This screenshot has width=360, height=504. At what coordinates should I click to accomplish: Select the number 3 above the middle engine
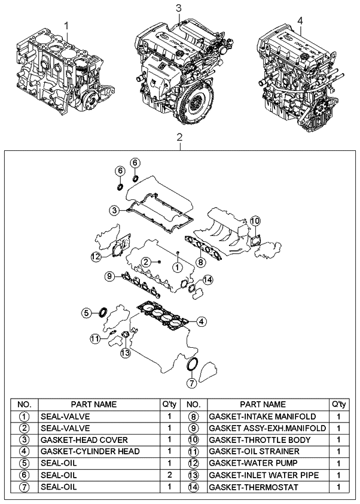(x=179, y=7)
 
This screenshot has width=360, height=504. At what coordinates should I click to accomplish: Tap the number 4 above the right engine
(x=300, y=20)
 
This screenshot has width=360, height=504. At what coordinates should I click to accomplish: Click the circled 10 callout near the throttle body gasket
(x=254, y=221)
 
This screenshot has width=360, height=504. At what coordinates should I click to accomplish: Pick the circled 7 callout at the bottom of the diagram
(x=191, y=382)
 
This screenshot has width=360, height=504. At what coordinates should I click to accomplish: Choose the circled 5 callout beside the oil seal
(x=87, y=312)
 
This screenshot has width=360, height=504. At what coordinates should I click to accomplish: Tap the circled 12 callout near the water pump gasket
(x=95, y=257)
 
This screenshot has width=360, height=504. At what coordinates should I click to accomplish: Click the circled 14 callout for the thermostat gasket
(x=207, y=280)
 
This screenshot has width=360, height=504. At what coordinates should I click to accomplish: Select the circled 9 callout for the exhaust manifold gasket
(x=109, y=276)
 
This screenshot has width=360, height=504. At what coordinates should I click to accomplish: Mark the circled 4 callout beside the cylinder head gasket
(x=202, y=321)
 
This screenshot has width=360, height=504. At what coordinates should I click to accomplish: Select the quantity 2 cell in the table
(x=170, y=475)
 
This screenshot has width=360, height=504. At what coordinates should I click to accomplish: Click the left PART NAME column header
(x=94, y=404)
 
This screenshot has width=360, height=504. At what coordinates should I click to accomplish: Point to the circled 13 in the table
(x=193, y=475)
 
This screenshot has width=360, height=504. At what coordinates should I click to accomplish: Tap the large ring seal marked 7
(x=193, y=364)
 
